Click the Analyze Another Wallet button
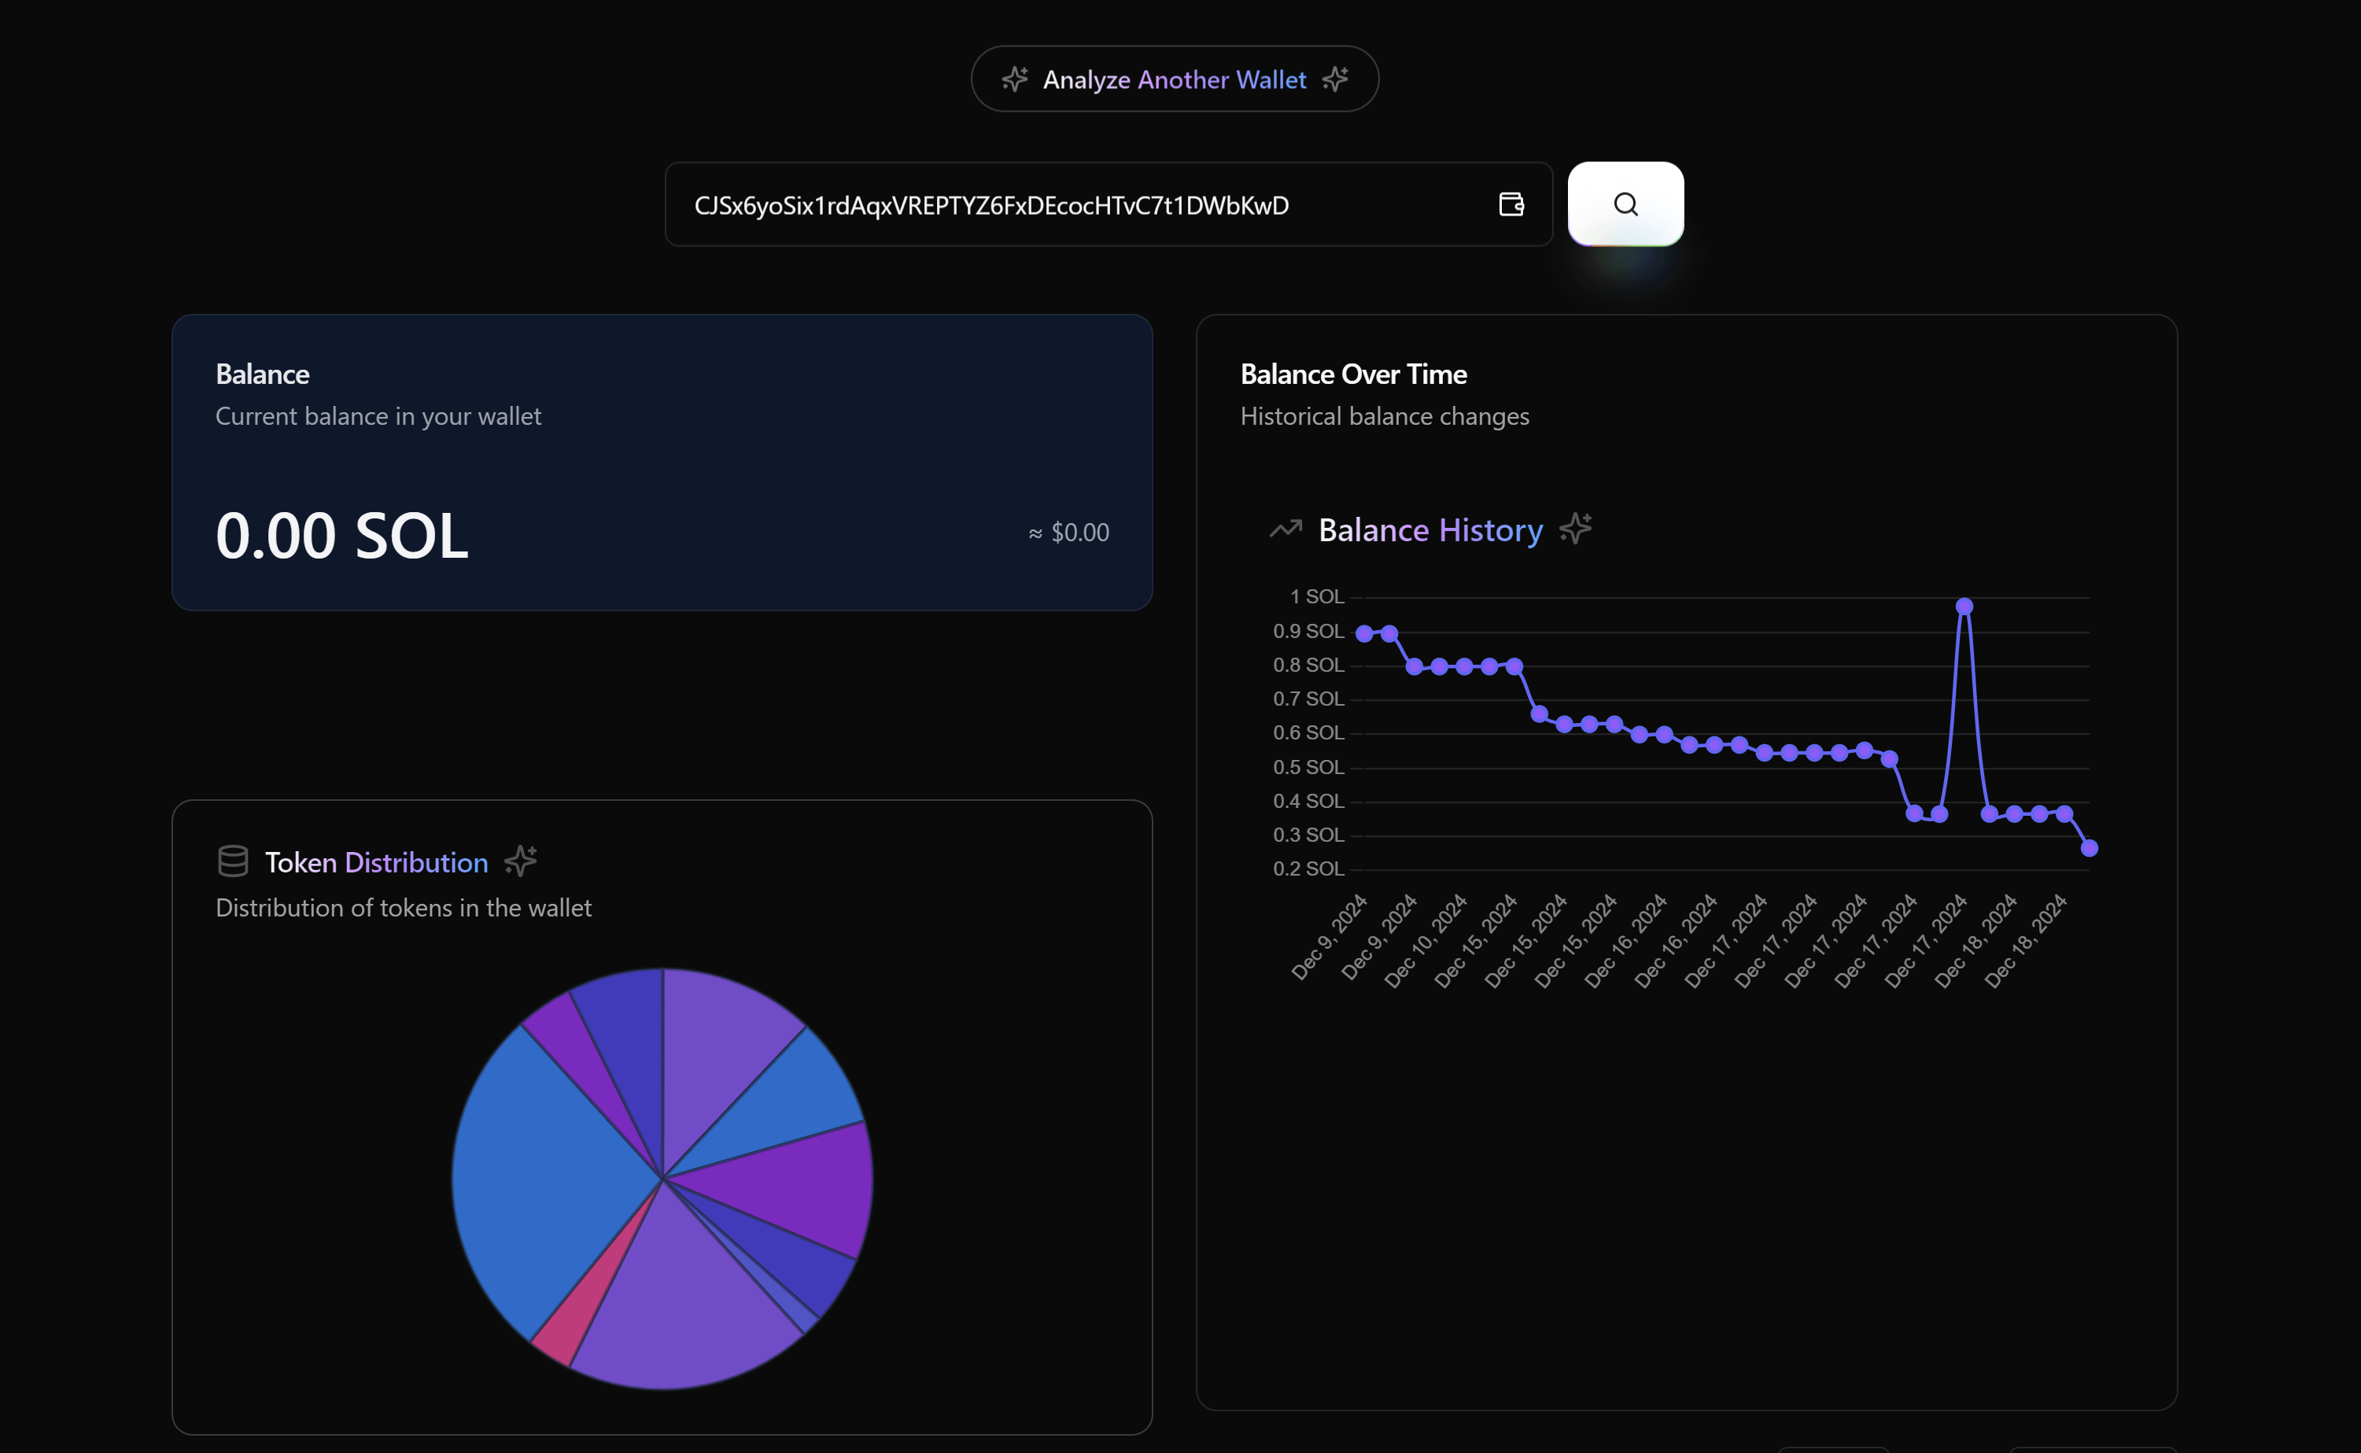click(1175, 79)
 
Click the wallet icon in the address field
click(1511, 204)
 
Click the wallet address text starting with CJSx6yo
click(991, 205)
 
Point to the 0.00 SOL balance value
click(341, 535)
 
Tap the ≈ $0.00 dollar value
click(1068, 533)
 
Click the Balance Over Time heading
click(1353, 374)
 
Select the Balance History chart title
click(1430, 530)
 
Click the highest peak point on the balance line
click(1964, 607)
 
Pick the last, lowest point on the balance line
click(2089, 847)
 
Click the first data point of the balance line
click(1363, 633)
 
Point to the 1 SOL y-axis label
click(1316, 597)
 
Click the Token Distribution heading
click(376, 862)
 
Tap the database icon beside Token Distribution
click(233, 861)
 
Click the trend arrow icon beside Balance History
click(1285, 529)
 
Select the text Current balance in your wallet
click(378, 416)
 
